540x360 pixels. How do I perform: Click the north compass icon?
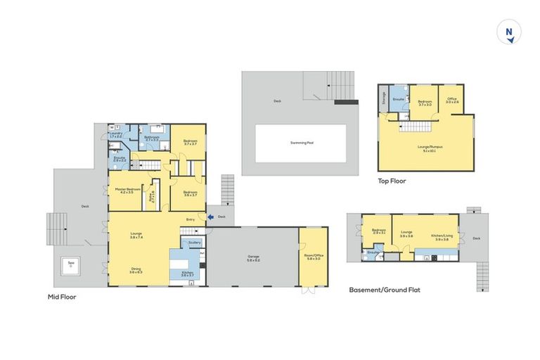pyautogui.click(x=509, y=33)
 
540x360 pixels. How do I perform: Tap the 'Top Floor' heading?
pyautogui.click(x=391, y=181)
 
